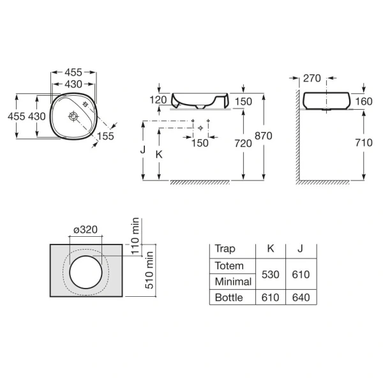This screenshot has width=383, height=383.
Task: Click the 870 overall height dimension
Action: (x=263, y=136)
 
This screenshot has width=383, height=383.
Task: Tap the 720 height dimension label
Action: (x=243, y=144)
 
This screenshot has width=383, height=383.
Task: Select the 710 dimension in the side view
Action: (x=364, y=142)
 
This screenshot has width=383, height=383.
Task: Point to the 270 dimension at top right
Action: (x=312, y=79)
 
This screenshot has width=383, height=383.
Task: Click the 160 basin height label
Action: (x=364, y=101)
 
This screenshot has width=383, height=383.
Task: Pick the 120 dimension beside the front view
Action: (x=158, y=100)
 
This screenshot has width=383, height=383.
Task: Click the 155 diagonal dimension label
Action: (x=105, y=136)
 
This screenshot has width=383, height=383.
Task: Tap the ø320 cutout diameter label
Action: (x=86, y=230)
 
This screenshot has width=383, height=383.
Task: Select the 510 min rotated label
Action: (x=149, y=271)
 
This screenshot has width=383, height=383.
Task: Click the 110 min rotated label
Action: (x=135, y=236)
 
